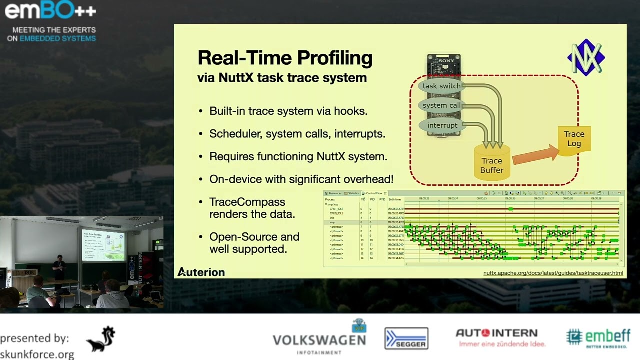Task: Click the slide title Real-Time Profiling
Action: coord(285,58)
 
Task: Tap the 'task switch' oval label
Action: coord(441,86)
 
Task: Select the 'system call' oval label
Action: coord(441,106)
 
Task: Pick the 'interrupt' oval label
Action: coord(442,125)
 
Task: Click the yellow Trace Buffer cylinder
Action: coord(492,162)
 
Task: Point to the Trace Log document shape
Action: coord(574,139)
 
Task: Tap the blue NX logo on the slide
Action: coord(586,57)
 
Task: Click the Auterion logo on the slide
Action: coord(201,272)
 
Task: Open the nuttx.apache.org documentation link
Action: coord(553,273)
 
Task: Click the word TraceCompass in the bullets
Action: coord(247,202)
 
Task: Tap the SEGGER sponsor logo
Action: coord(406,338)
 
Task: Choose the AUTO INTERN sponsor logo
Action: coord(496,333)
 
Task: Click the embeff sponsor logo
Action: coord(599,337)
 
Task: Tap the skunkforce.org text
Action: coord(37,354)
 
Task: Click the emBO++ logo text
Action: coord(50,10)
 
